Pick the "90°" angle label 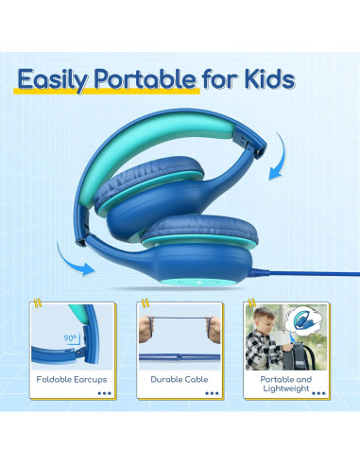click(x=71, y=336)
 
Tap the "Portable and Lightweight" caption click(x=285, y=384)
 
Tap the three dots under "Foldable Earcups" click(x=103, y=394)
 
